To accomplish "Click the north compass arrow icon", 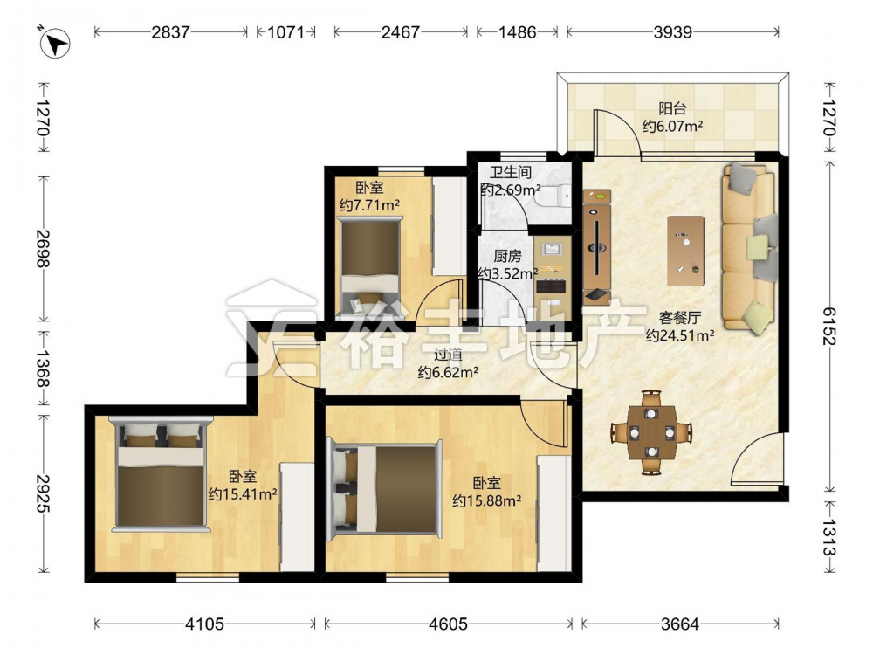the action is tap(54, 43).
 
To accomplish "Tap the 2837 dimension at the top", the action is tap(170, 32).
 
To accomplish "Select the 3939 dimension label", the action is tap(672, 32).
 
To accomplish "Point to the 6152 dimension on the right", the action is tap(829, 327).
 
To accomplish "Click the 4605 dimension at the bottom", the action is tap(448, 624).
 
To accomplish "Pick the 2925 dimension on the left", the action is tap(44, 493).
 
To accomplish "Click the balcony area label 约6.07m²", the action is tap(672, 127).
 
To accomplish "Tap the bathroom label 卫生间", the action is tap(511, 172).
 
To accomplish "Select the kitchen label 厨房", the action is tap(507, 256).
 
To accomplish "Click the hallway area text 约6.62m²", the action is tap(448, 372).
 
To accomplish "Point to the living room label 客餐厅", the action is tap(680, 318).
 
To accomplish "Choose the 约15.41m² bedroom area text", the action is tap(243, 493).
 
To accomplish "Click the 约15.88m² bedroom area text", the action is tap(486, 500).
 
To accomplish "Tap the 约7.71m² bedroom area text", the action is tap(369, 205).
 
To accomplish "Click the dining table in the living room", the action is tap(651, 431).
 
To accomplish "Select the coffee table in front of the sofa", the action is tap(685, 252).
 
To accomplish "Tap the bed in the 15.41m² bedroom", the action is tap(161, 474).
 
